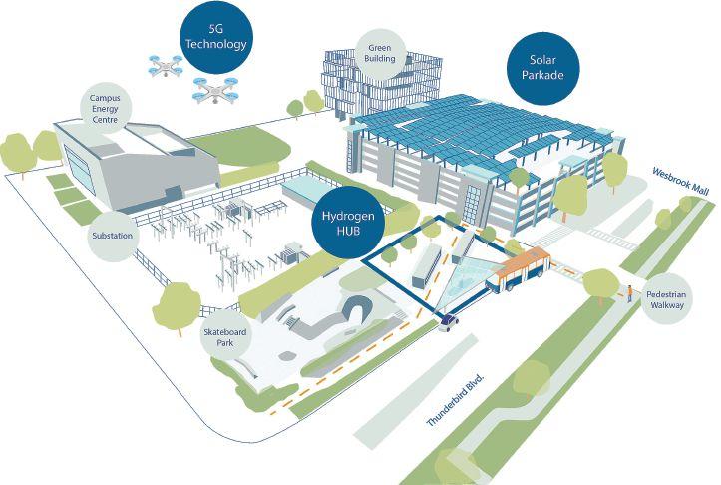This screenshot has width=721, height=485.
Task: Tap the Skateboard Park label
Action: [223, 336]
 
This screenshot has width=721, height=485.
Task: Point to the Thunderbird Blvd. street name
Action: [456, 400]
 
